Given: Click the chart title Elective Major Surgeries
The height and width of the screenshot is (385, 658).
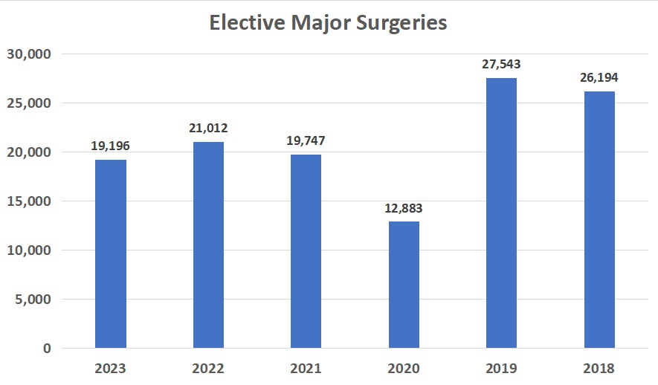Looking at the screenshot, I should (x=328, y=23).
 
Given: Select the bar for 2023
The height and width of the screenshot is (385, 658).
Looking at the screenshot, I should (x=111, y=253).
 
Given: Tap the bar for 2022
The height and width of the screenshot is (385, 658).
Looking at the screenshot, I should (x=208, y=245).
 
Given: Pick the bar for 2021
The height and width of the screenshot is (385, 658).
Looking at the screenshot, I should (x=306, y=251).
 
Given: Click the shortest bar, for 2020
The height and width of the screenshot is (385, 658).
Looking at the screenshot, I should (x=404, y=285).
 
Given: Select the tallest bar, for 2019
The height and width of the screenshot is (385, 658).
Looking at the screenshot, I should (x=502, y=213).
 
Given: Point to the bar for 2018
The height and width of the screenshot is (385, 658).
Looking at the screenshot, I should (x=599, y=219).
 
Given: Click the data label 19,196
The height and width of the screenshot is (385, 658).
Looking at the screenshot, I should (x=111, y=146).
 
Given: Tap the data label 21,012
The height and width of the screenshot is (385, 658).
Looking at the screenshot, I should (x=208, y=129).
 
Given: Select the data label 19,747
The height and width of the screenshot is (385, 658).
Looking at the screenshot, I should (x=306, y=141).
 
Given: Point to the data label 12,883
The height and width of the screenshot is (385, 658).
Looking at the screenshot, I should (x=404, y=209).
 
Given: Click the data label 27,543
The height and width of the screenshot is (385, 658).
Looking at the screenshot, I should (x=502, y=65).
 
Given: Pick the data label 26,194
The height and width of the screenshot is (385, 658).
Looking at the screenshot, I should (x=599, y=78).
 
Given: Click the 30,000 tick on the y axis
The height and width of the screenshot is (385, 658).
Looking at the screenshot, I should (x=28, y=54).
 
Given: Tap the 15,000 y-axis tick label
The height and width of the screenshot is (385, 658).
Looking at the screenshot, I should (x=28, y=201).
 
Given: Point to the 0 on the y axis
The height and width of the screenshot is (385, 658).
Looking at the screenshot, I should (x=46, y=349).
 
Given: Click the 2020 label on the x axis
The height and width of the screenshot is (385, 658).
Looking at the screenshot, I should (x=404, y=369).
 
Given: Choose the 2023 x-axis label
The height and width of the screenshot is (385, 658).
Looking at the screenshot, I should (x=111, y=369).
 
